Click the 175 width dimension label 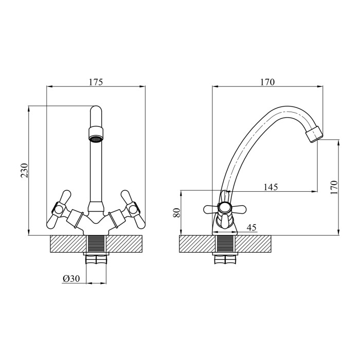pos(96,82)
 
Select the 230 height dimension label pos(24,170)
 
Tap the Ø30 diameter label pos(71,279)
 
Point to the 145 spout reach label pos(271,187)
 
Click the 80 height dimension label pos(177,212)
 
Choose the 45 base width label pos(251,227)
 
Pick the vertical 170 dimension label pos(334,188)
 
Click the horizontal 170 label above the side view pos(267,82)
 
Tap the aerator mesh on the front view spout pos(96,139)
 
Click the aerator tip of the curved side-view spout pos(314,134)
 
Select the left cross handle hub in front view pos(59,209)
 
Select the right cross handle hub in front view pos(133,209)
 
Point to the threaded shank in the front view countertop pos(96,244)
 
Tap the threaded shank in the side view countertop pos(225,244)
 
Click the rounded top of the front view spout pos(96,110)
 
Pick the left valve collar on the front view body pos(75,219)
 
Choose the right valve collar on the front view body pos(117,219)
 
